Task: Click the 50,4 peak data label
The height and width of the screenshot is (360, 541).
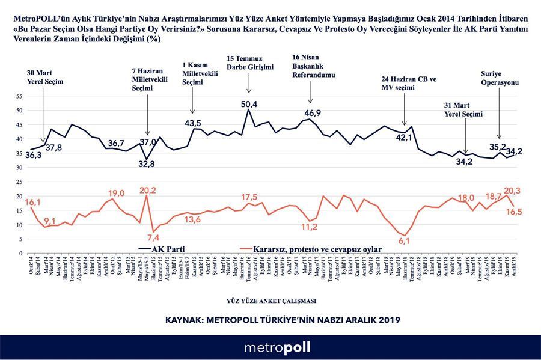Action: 249,104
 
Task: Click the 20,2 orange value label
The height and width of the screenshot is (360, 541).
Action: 147,191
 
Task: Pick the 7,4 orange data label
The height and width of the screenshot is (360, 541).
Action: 153,236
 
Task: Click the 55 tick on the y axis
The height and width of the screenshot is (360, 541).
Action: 19,96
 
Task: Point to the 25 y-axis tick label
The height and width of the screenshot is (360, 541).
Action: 19,182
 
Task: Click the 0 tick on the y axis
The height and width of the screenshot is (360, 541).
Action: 20,253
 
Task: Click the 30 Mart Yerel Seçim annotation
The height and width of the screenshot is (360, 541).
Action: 44,76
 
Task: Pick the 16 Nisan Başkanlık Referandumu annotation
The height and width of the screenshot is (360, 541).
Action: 313,67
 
